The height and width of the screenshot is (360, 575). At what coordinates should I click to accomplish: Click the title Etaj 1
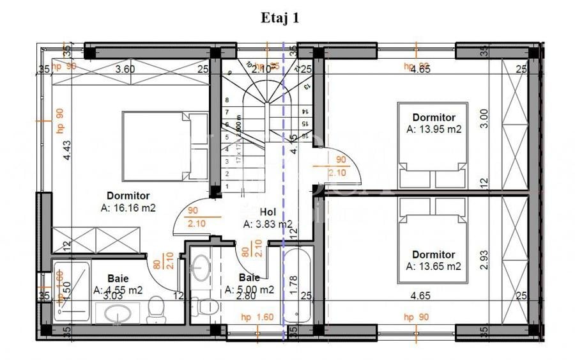[x=280, y=18]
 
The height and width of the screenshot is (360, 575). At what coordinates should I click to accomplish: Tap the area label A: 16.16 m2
[x=128, y=207]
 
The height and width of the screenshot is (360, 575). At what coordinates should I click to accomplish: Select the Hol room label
[x=268, y=212]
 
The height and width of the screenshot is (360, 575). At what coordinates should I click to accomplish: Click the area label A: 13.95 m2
[x=434, y=129]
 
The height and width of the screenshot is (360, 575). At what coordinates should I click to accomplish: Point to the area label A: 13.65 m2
[x=434, y=266]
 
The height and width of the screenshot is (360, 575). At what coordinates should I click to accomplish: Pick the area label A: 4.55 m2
[x=118, y=290]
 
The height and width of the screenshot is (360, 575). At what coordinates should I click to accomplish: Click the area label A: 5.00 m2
[x=250, y=290]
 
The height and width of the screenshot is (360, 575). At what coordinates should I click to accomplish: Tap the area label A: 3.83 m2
[x=268, y=224]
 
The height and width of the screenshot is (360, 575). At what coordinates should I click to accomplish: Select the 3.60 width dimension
[x=125, y=69]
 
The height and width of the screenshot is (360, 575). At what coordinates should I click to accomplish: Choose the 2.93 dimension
[x=484, y=258]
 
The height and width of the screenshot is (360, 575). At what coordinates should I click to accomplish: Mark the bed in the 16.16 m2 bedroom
[x=165, y=146]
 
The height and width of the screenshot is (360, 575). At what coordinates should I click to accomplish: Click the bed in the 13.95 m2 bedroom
[x=434, y=145]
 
